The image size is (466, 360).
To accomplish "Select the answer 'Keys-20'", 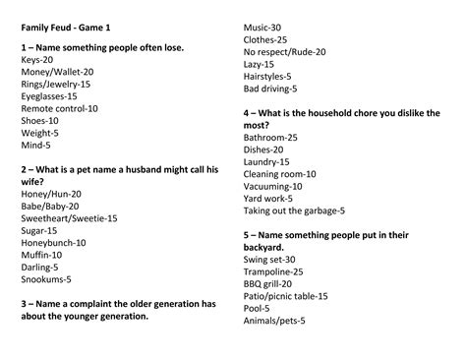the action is (x=36, y=60).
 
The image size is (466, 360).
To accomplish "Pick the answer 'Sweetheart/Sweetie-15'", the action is (x=69, y=217).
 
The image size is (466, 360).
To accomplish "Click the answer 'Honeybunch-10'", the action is (x=53, y=242).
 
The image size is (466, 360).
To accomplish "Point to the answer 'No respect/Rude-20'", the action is (x=284, y=51).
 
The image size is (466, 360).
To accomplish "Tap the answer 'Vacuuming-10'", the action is (x=273, y=186).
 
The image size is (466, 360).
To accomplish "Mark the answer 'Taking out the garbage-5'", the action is (x=294, y=210).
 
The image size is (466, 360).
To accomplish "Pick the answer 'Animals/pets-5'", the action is (x=274, y=320).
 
